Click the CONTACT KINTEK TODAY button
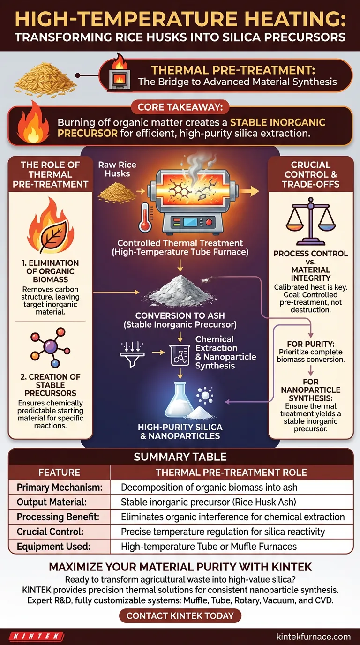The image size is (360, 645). (180, 615)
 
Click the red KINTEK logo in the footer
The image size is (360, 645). (36, 637)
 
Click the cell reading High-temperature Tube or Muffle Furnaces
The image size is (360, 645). (209, 546)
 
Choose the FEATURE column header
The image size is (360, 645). (59, 472)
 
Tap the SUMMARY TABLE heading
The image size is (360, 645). (180, 457)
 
